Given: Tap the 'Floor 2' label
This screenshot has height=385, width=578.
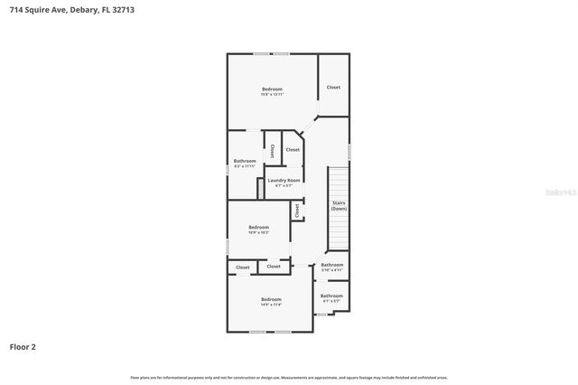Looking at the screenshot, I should [x=23, y=346].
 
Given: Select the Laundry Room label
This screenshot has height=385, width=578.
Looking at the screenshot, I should [x=284, y=181].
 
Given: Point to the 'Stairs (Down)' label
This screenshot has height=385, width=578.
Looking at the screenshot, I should [x=339, y=205].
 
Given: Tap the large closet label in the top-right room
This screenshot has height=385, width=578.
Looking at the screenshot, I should [x=333, y=87].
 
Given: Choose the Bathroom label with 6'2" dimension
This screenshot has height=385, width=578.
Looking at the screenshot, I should [x=245, y=163].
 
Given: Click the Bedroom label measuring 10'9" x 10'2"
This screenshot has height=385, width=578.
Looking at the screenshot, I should [x=258, y=229].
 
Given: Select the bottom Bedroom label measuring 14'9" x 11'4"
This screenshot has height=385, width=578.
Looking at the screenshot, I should [x=271, y=301].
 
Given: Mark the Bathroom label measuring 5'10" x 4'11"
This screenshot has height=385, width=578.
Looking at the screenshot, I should [x=331, y=267].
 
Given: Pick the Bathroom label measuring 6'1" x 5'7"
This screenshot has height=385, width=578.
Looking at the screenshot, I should [x=331, y=297].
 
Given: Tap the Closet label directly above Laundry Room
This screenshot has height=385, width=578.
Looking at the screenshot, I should [x=293, y=149].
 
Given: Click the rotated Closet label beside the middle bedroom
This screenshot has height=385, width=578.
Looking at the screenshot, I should [x=296, y=210].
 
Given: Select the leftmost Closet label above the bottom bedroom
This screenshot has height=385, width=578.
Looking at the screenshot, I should [x=243, y=267].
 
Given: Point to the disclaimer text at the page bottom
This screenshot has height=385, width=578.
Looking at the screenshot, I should [x=289, y=377].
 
